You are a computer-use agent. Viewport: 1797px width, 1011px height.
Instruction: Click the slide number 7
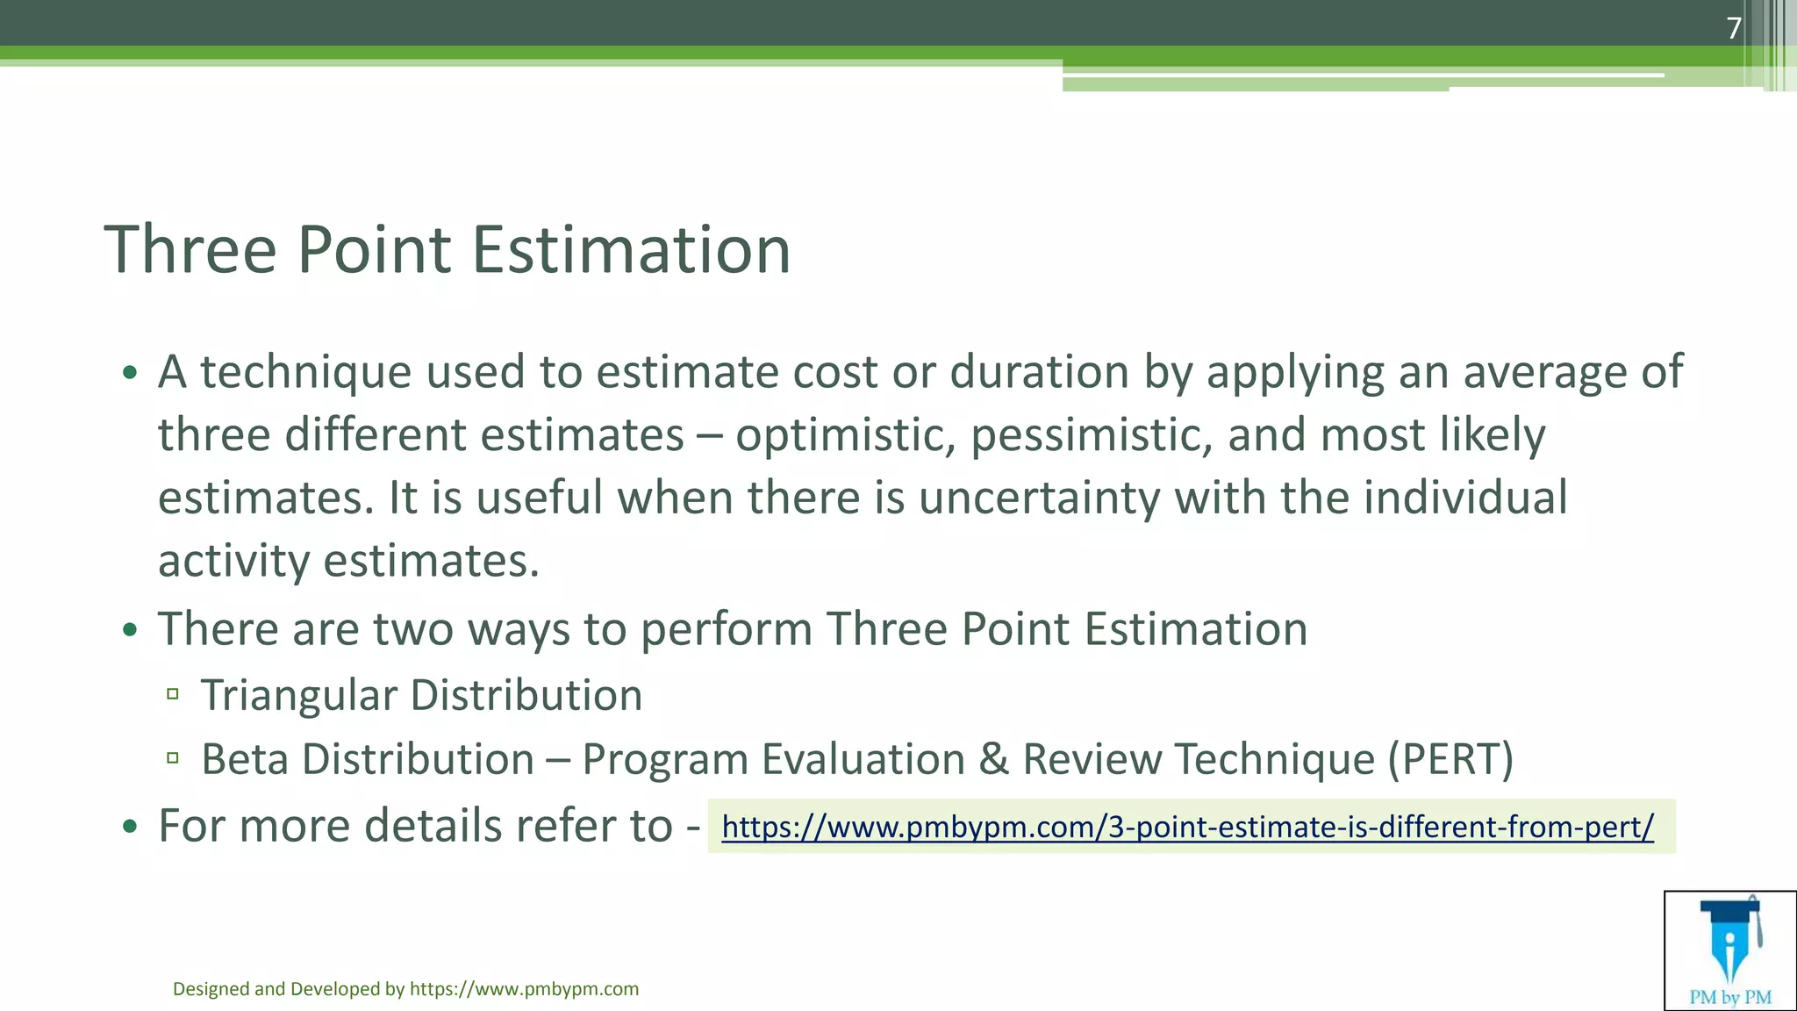point(1734,29)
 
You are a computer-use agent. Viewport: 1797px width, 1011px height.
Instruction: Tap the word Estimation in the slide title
point(631,250)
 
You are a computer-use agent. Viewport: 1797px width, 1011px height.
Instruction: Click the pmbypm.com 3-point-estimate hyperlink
point(1187,827)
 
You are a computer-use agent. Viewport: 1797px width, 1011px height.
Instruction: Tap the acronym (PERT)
point(1450,760)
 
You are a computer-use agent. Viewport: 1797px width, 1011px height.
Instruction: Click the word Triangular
point(299,696)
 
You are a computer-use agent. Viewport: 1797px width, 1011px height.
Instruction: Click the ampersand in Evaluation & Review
point(993,760)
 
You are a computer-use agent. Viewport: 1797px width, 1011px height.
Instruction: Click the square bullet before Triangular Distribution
point(173,695)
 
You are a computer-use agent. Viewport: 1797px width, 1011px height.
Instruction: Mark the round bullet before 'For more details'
point(130,827)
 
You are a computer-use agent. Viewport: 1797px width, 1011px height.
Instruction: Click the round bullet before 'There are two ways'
point(130,630)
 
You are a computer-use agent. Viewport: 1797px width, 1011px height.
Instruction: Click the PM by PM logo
point(1729,950)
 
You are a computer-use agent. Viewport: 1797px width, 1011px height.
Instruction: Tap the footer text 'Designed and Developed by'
point(289,989)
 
